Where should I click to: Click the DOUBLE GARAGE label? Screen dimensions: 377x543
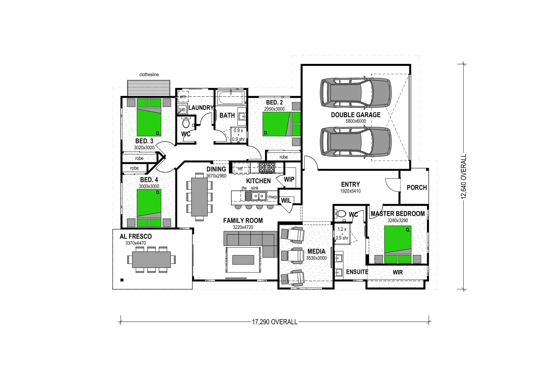pos(355,115)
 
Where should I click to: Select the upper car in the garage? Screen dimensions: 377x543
pos(356,92)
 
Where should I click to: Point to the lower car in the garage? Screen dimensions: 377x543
pos(356,141)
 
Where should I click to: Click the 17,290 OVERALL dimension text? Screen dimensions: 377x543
pos(275,322)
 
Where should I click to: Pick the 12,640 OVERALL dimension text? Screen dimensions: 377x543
pos(464,177)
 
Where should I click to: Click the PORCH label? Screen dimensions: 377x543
pos(417,187)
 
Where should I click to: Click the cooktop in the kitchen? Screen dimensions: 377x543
pos(267,168)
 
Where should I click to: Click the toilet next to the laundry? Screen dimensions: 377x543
pos(186,123)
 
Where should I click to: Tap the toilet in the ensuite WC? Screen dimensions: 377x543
pos(341,213)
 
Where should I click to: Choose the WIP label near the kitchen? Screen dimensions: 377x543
pos(289,179)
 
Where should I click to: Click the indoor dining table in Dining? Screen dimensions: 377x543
pos(199,198)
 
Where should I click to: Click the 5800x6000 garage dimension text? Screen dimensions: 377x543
pos(355,121)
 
